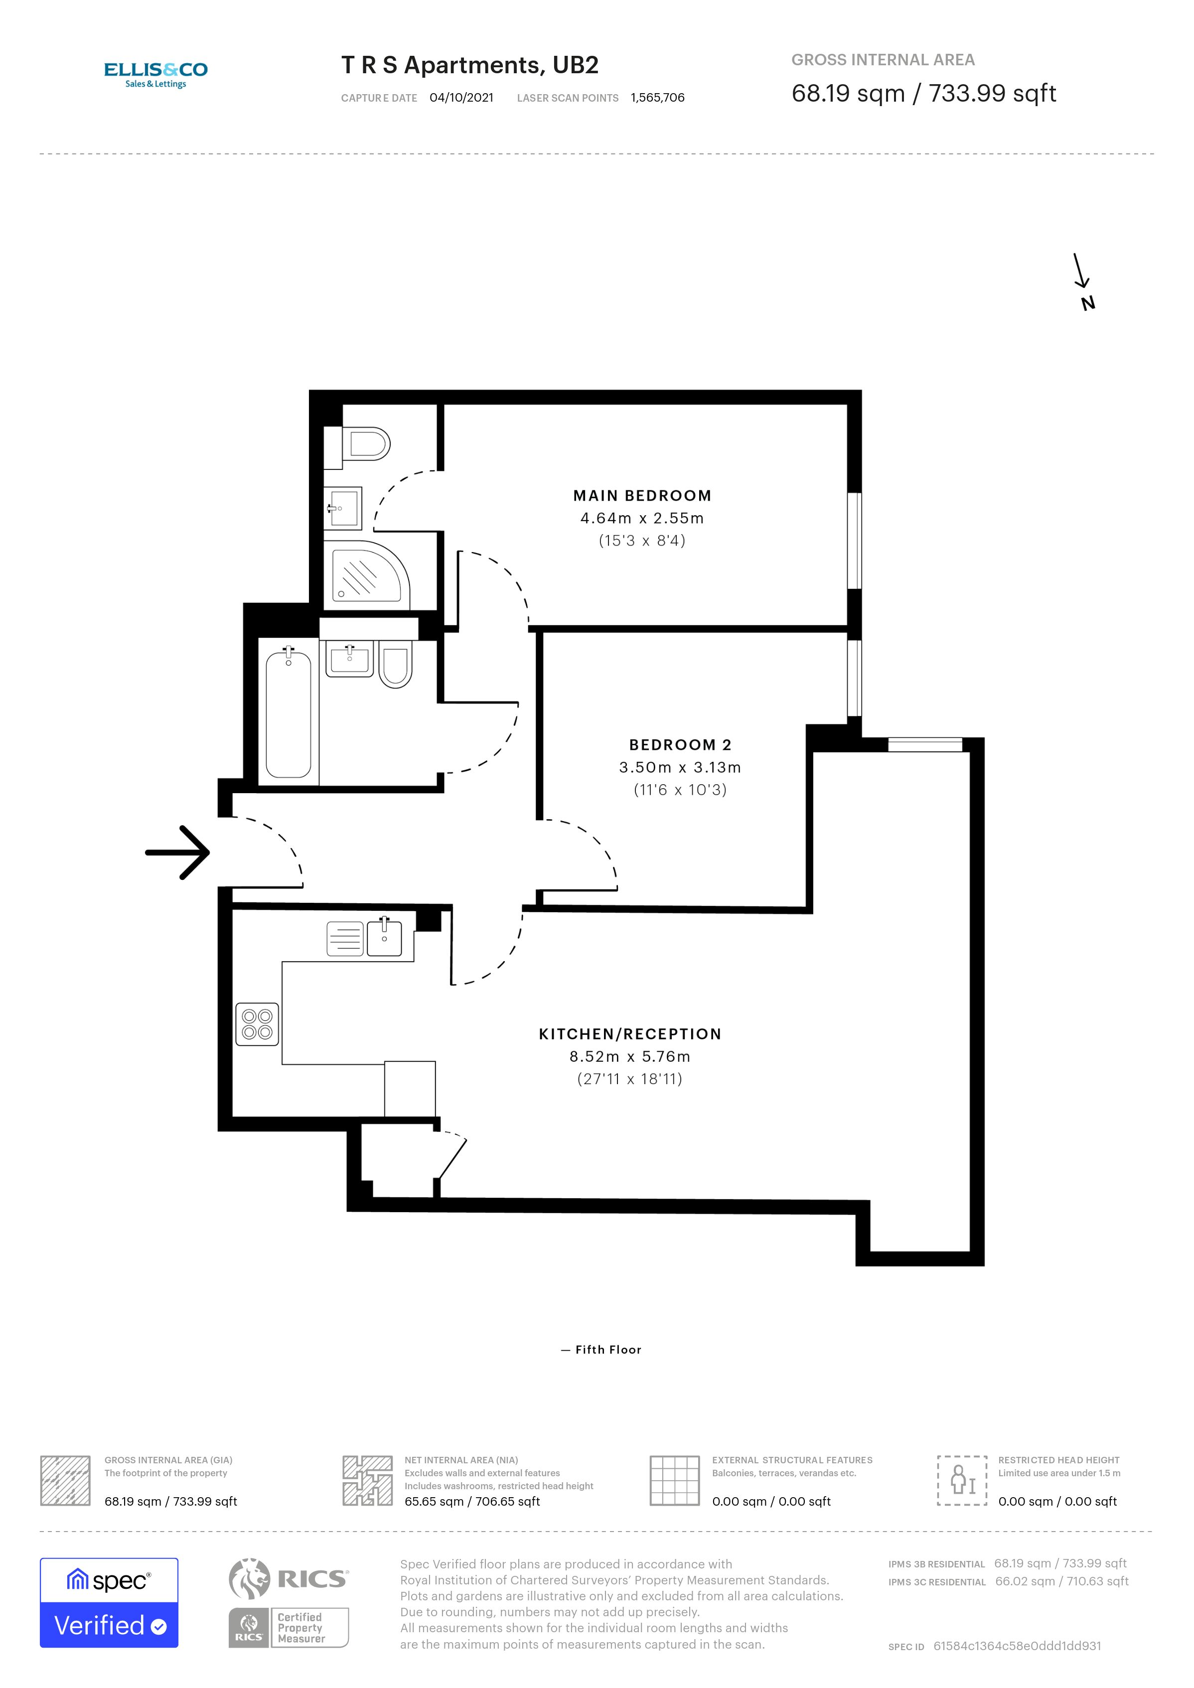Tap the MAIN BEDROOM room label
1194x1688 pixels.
point(642,496)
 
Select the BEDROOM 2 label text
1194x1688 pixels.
point(680,745)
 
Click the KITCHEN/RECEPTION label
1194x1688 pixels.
point(630,1034)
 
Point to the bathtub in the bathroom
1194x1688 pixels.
point(288,713)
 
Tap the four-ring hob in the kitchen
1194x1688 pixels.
point(257,1023)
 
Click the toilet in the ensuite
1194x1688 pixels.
point(365,444)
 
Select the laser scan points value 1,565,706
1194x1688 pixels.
point(657,98)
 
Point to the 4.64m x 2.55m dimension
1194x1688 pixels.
point(642,518)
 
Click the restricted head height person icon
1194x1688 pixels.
point(962,1480)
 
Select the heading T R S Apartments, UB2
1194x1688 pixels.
point(470,65)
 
